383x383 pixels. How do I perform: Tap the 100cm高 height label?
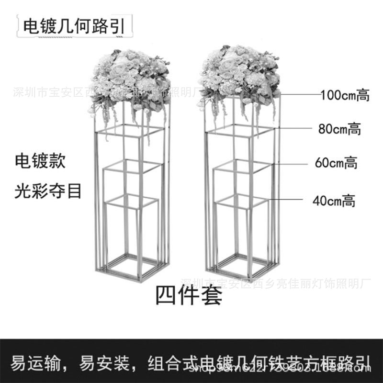345,95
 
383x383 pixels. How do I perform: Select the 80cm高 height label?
339,129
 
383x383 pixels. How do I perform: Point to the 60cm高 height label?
336,163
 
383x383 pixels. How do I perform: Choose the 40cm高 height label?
334,201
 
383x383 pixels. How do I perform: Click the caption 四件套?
189,295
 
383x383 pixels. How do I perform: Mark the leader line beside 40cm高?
290,199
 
